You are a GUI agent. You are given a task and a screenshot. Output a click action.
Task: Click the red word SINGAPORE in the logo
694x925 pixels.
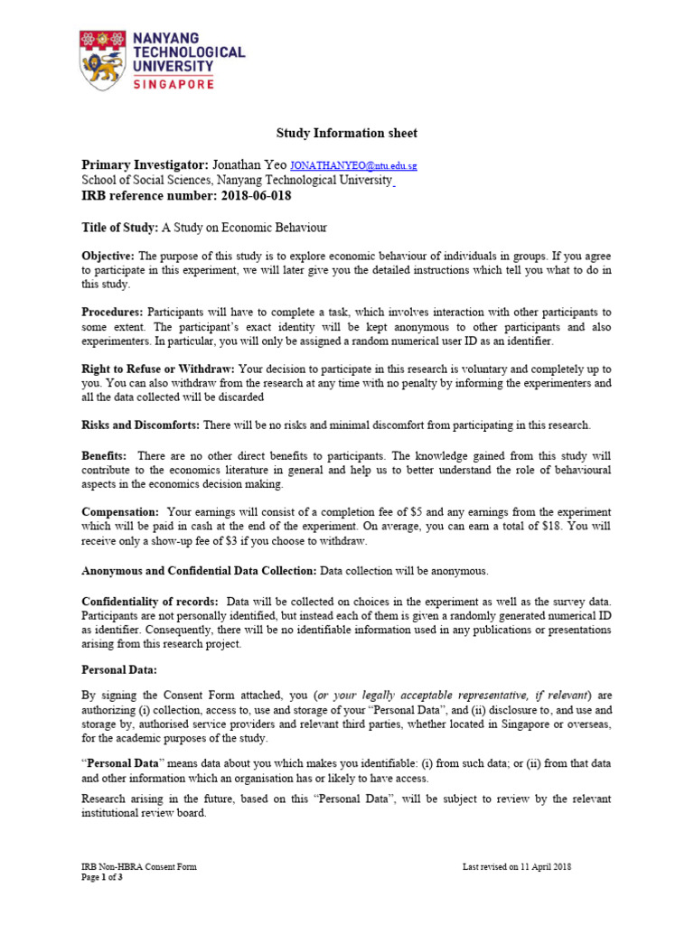(173, 84)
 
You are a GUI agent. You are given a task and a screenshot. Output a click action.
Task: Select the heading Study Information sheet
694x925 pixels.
(347, 134)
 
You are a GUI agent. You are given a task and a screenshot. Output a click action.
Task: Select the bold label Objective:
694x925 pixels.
(108, 257)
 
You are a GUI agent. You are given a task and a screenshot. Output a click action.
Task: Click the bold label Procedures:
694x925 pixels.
(113, 312)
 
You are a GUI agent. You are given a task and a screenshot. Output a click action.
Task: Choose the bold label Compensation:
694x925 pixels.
(120, 512)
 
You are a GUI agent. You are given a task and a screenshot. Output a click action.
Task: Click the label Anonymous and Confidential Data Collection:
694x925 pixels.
(199, 571)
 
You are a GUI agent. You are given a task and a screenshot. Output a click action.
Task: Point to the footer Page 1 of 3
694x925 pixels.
(102, 877)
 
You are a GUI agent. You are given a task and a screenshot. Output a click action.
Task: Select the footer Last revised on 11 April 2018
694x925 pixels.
(516, 867)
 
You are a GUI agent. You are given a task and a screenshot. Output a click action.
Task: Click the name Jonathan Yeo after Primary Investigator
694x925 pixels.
(249, 166)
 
